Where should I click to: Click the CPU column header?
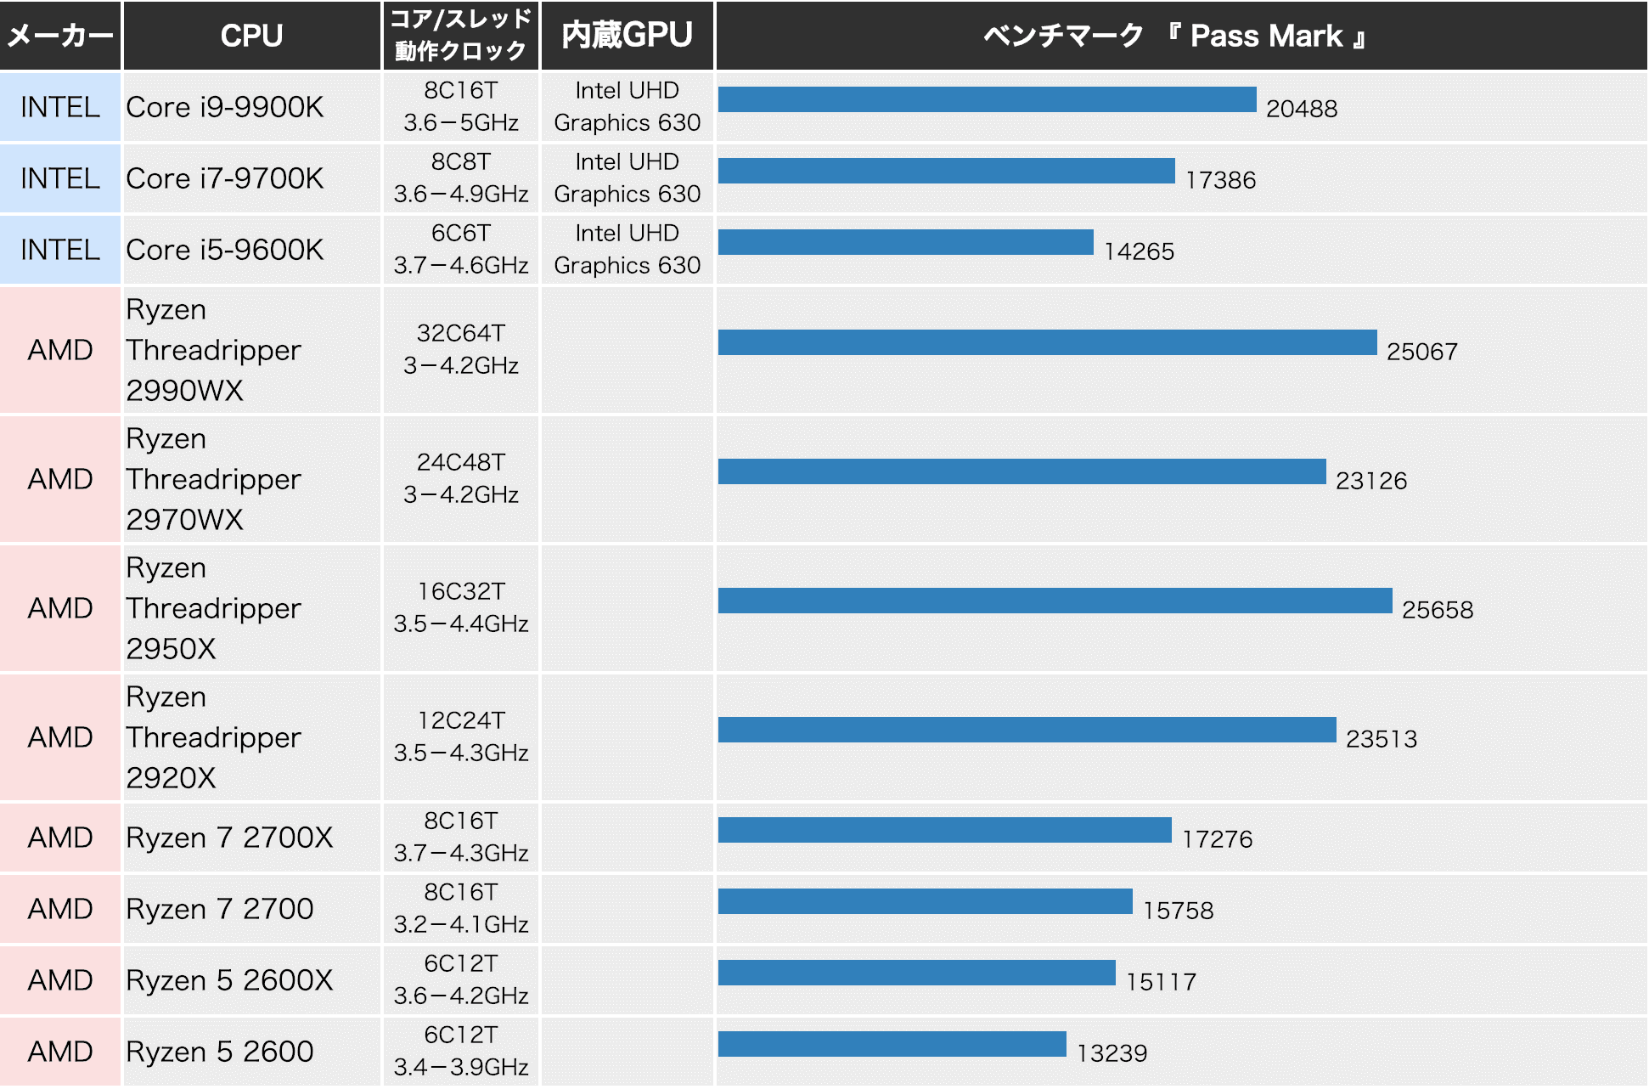tap(251, 36)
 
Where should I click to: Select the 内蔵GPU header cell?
tap(627, 36)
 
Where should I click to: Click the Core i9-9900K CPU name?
tap(225, 107)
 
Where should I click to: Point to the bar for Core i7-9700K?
tap(946, 171)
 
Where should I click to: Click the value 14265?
tap(1139, 251)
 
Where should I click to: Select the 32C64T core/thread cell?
tap(460, 349)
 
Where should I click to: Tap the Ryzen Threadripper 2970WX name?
tap(213, 479)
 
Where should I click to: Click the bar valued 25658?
tap(1055, 601)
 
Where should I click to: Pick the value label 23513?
tap(1382, 739)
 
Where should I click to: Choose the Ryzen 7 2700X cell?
tap(229, 838)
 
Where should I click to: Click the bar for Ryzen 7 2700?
tap(925, 901)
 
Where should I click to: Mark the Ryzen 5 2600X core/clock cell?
tap(460, 979)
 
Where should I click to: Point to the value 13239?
tap(1112, 1053)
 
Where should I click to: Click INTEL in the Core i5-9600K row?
tap(60, 250)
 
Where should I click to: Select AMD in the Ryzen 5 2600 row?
tap(60, 1052)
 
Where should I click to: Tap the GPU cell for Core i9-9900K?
tap(627, 107)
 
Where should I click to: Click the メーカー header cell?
tap(60, 36)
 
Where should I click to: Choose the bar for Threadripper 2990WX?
tap(1047, 342)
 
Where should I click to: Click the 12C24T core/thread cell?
tap(460, 736)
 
